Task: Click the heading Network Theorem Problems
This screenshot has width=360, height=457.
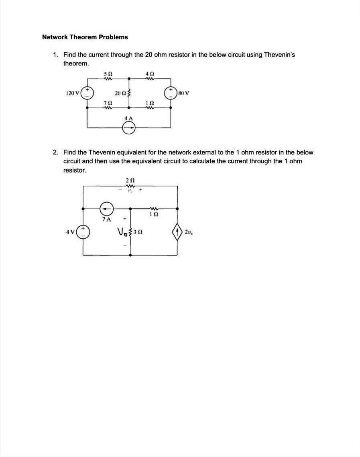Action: click(x=85, y=37)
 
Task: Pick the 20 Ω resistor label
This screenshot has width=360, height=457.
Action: click(x=120, y=93)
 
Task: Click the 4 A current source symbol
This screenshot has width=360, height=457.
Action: click(x=129, y=128)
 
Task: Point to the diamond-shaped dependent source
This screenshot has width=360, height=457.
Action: click(x=177, y=232)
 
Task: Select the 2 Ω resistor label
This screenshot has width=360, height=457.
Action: click(x=129, y=180)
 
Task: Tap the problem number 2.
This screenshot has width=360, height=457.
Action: click(x=55, y=152)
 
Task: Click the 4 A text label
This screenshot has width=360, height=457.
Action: click(x=128, y=118)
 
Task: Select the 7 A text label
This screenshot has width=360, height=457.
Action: click(x=106, y=219)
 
